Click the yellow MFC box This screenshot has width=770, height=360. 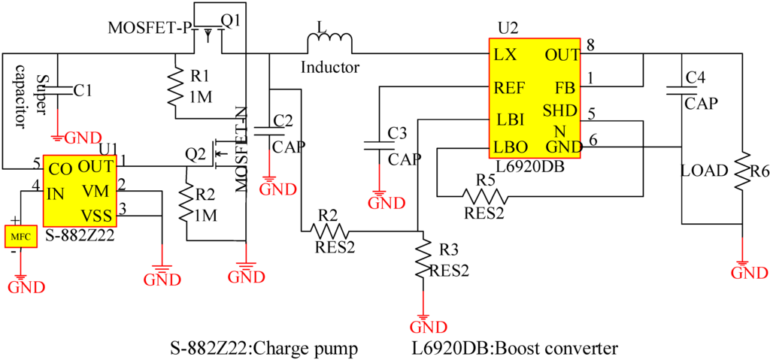[x=20, y=237]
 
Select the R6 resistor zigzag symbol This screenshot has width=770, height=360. [x=742, y=172]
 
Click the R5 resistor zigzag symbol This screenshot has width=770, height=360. [x=485, y=197]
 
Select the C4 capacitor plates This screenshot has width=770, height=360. [x=682, y=90]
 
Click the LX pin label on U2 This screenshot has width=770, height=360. [x=505, y=55]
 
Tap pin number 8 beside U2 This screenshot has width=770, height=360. [x=591, y=46]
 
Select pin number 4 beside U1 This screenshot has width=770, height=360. [x=35, y=185]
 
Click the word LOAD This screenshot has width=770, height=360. [x=705, y=171]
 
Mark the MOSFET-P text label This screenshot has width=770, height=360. [x=149, y=28]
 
